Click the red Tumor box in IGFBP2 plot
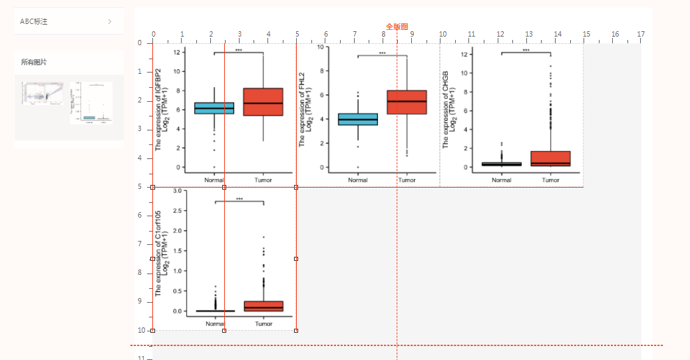tap(263, 102)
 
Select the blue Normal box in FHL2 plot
tap(358, 119)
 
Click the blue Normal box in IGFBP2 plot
tap(214, 108)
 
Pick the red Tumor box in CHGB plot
tap(551, 158)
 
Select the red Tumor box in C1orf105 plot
tap(263, 306)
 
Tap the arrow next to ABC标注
tap(110, 21)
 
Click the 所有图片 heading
tap(34, 62)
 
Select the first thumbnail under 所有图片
tap(43, 94)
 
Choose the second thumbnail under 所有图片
tap(90, 102)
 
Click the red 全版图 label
tap(397, 27)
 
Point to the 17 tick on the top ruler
tap(641, 35)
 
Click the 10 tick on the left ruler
tap(140, 330)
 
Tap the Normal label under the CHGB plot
tap(502, 180)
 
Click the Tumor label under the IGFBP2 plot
tap(263, 180)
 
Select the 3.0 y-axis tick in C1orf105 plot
tap(177, 191)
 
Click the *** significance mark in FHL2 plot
tap(382, 53)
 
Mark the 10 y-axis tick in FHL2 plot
tap(321, 47)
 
